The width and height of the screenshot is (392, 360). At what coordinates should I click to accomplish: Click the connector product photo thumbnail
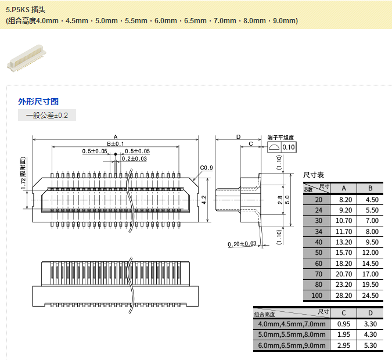(27, 58)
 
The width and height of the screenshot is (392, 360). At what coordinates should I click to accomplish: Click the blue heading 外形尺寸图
(38, 102)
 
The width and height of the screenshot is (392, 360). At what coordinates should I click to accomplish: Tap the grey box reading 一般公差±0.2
(47, 115)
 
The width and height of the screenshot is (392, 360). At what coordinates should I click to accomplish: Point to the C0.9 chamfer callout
(206, 168)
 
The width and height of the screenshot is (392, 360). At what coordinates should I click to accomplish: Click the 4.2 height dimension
(204, 200)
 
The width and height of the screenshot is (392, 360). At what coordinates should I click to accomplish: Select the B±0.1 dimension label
(115, 144)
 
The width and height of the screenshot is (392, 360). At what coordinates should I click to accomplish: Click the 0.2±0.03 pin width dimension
(134, 159)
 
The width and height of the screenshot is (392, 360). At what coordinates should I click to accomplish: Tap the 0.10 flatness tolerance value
(289, 147)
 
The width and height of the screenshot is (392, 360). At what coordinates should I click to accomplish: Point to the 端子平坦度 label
(280, 138)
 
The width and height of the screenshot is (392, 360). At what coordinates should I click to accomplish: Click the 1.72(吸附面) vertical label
(23, 174)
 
